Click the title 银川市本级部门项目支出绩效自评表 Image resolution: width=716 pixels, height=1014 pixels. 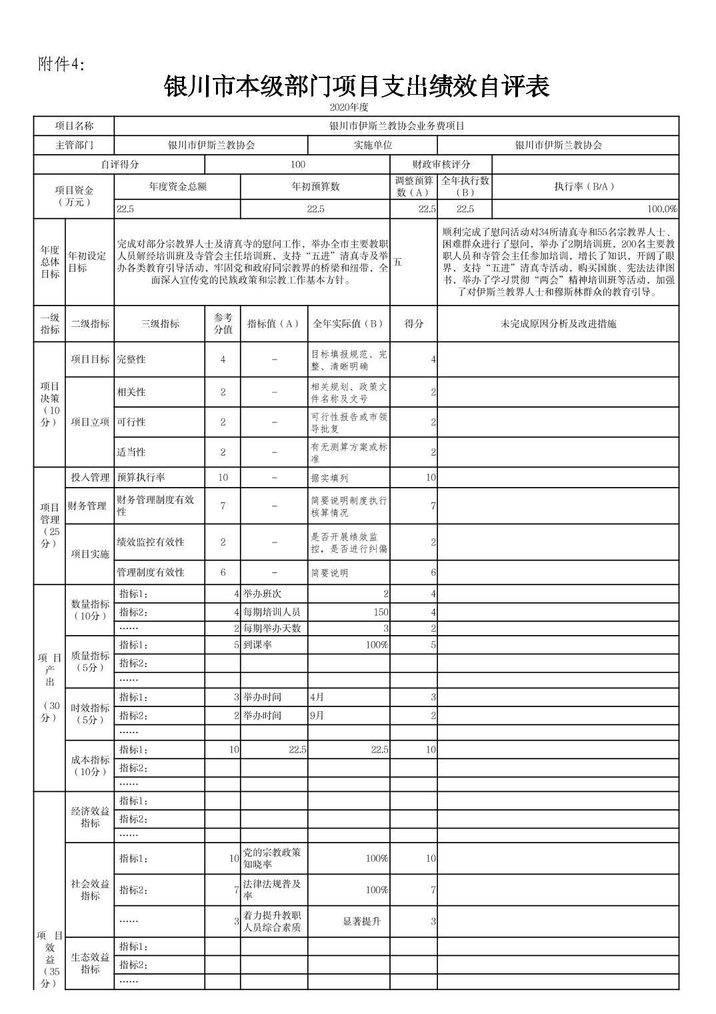click(357, 87)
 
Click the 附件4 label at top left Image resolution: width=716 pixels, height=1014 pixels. click(62, 64)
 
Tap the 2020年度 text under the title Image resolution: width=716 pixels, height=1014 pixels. click(349, 107)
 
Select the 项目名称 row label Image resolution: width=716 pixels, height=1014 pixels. click(74, 126)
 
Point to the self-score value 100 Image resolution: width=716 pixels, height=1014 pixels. click(297, 165)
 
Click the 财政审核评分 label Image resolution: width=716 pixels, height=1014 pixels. click(441, 165)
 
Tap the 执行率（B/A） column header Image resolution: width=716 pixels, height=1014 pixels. click(585, 187)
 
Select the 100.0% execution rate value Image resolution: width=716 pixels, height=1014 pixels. click(662, 209)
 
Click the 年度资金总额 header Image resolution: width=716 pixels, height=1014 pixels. click(177, 187)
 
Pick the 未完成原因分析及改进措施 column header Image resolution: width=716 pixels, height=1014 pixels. click(558, 324)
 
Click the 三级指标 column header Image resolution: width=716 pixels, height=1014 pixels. click(160, 324)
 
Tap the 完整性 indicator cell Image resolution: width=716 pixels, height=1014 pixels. click(131, 360)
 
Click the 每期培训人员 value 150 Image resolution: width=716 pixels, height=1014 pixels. click(381, 612)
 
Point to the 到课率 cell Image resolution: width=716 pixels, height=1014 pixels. click(257, 645)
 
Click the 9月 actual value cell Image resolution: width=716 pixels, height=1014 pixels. click(317, 716)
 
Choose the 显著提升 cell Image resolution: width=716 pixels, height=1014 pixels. click(361, 921)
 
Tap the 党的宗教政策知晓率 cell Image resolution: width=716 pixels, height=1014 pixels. click(273, 859)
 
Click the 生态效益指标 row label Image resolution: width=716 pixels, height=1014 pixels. click(90, 964)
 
